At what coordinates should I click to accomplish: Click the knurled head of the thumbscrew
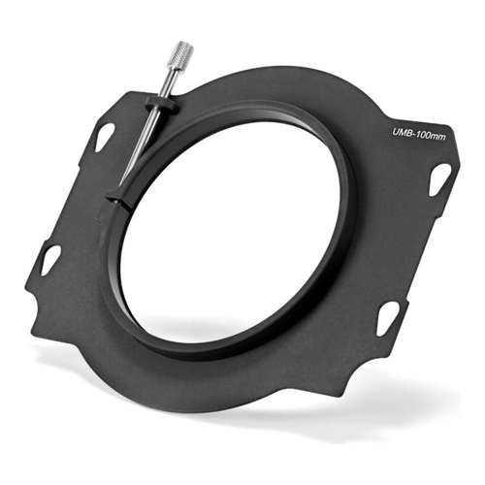[x=184, y=51]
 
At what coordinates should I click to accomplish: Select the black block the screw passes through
[x=162, y=104]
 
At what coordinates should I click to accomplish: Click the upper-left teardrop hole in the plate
[x=104, y=137]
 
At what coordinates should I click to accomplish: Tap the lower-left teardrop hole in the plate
[x=50, y=260]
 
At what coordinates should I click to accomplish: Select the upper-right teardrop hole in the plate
[x=439, y=179]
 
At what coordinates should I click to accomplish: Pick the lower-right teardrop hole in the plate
[x=387, y=317]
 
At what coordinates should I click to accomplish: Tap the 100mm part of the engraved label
[x=431, y=136]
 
